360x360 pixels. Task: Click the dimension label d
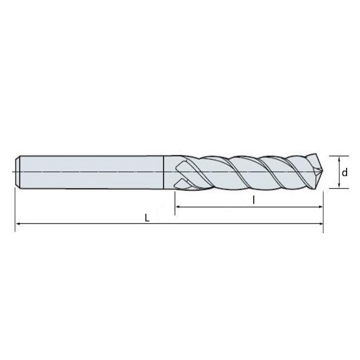[x=344, y=172]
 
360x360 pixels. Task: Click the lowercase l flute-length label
[x=253, y=200]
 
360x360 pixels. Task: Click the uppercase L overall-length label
[x=147, y=218]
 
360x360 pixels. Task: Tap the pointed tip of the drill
[x=322, y=171]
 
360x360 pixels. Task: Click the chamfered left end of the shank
[x=18, y=172]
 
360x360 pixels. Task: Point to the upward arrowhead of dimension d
[x=339, y=158]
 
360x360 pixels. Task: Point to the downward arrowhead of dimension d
[x=339, y=186]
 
